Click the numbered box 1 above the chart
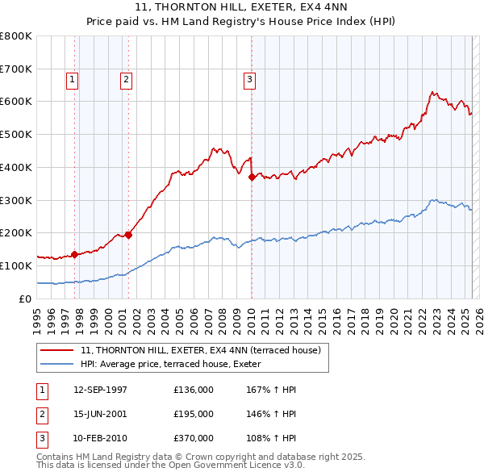73,79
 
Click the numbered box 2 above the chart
127,79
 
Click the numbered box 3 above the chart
250,79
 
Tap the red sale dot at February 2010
252,177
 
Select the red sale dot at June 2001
128,235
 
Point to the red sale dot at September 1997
75,254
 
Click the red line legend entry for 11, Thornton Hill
201,350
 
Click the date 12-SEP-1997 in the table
100,390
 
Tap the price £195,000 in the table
194,414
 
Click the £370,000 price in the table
194,438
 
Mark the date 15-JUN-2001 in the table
100,414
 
